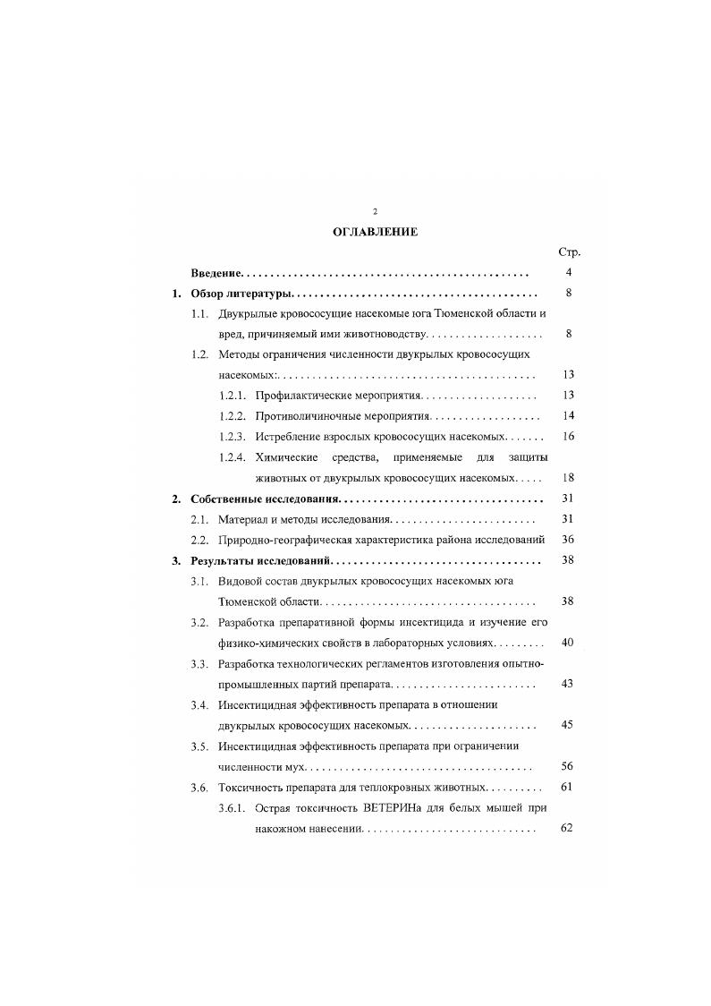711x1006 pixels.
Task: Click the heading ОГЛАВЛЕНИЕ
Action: pyautogui.click(x=375, y=231)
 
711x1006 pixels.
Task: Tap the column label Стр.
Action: pyautogui.click(x=569, y=252)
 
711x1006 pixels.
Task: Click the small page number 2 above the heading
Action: pyautogui.click(x=375, y=210)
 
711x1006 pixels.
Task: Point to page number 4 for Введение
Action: pyautogui.click(x=568, y=272)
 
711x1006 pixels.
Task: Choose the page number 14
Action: pyautogui.click(x=567, y=416)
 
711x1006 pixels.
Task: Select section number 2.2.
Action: pyautogui.click(x=200, y=540)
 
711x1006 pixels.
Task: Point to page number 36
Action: pyautogui.click(x=567, y=540)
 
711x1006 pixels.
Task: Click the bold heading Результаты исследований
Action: pyautogui.click(x=260, y=561)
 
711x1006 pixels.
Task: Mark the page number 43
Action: pyautogui.click(x=567, y=684)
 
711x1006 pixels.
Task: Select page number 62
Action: pyautogui.click(x=567, y=829)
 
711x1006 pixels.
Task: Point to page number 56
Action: pyautogui.click(x=567, y=766)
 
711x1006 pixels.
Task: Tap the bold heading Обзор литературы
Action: pyautogui.click(x=241, y=294)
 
